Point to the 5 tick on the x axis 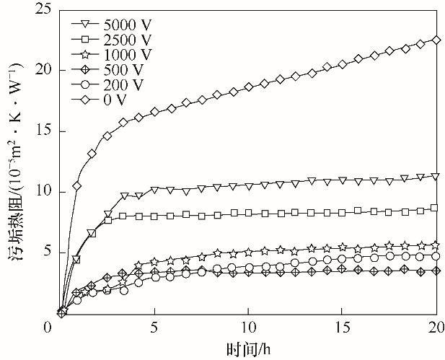(154, 326)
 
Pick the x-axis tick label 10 (248, 326)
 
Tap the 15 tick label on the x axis (342, 326)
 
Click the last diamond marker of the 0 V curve (435, 40)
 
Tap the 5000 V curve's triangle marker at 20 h (435, 176)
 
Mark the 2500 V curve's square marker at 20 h (435, 208)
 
